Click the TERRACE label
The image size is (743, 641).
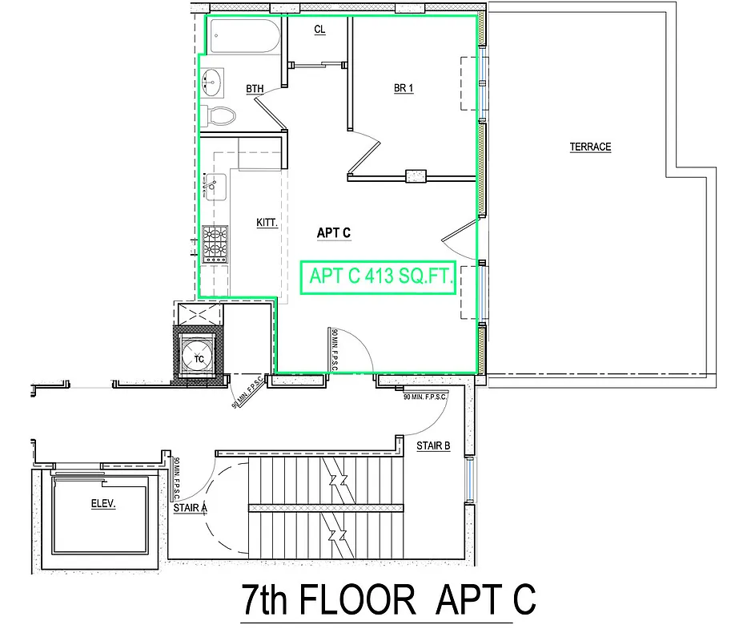point(590,147)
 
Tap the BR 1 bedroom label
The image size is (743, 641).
point(404,88)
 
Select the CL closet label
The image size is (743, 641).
point(319,30)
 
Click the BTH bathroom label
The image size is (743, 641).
point(255,89)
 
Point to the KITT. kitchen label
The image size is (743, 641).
point(267,224)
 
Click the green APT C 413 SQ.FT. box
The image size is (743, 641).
point(378,277)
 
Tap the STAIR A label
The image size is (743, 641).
point(191,506)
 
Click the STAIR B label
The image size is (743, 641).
point(432,445)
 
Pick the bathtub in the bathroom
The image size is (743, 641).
point(243,36)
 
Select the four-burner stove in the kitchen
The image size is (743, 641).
point(215,244)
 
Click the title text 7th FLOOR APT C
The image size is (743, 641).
point(388,599)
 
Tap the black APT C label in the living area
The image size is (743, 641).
point(334,233)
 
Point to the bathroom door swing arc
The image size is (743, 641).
point(276,100)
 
